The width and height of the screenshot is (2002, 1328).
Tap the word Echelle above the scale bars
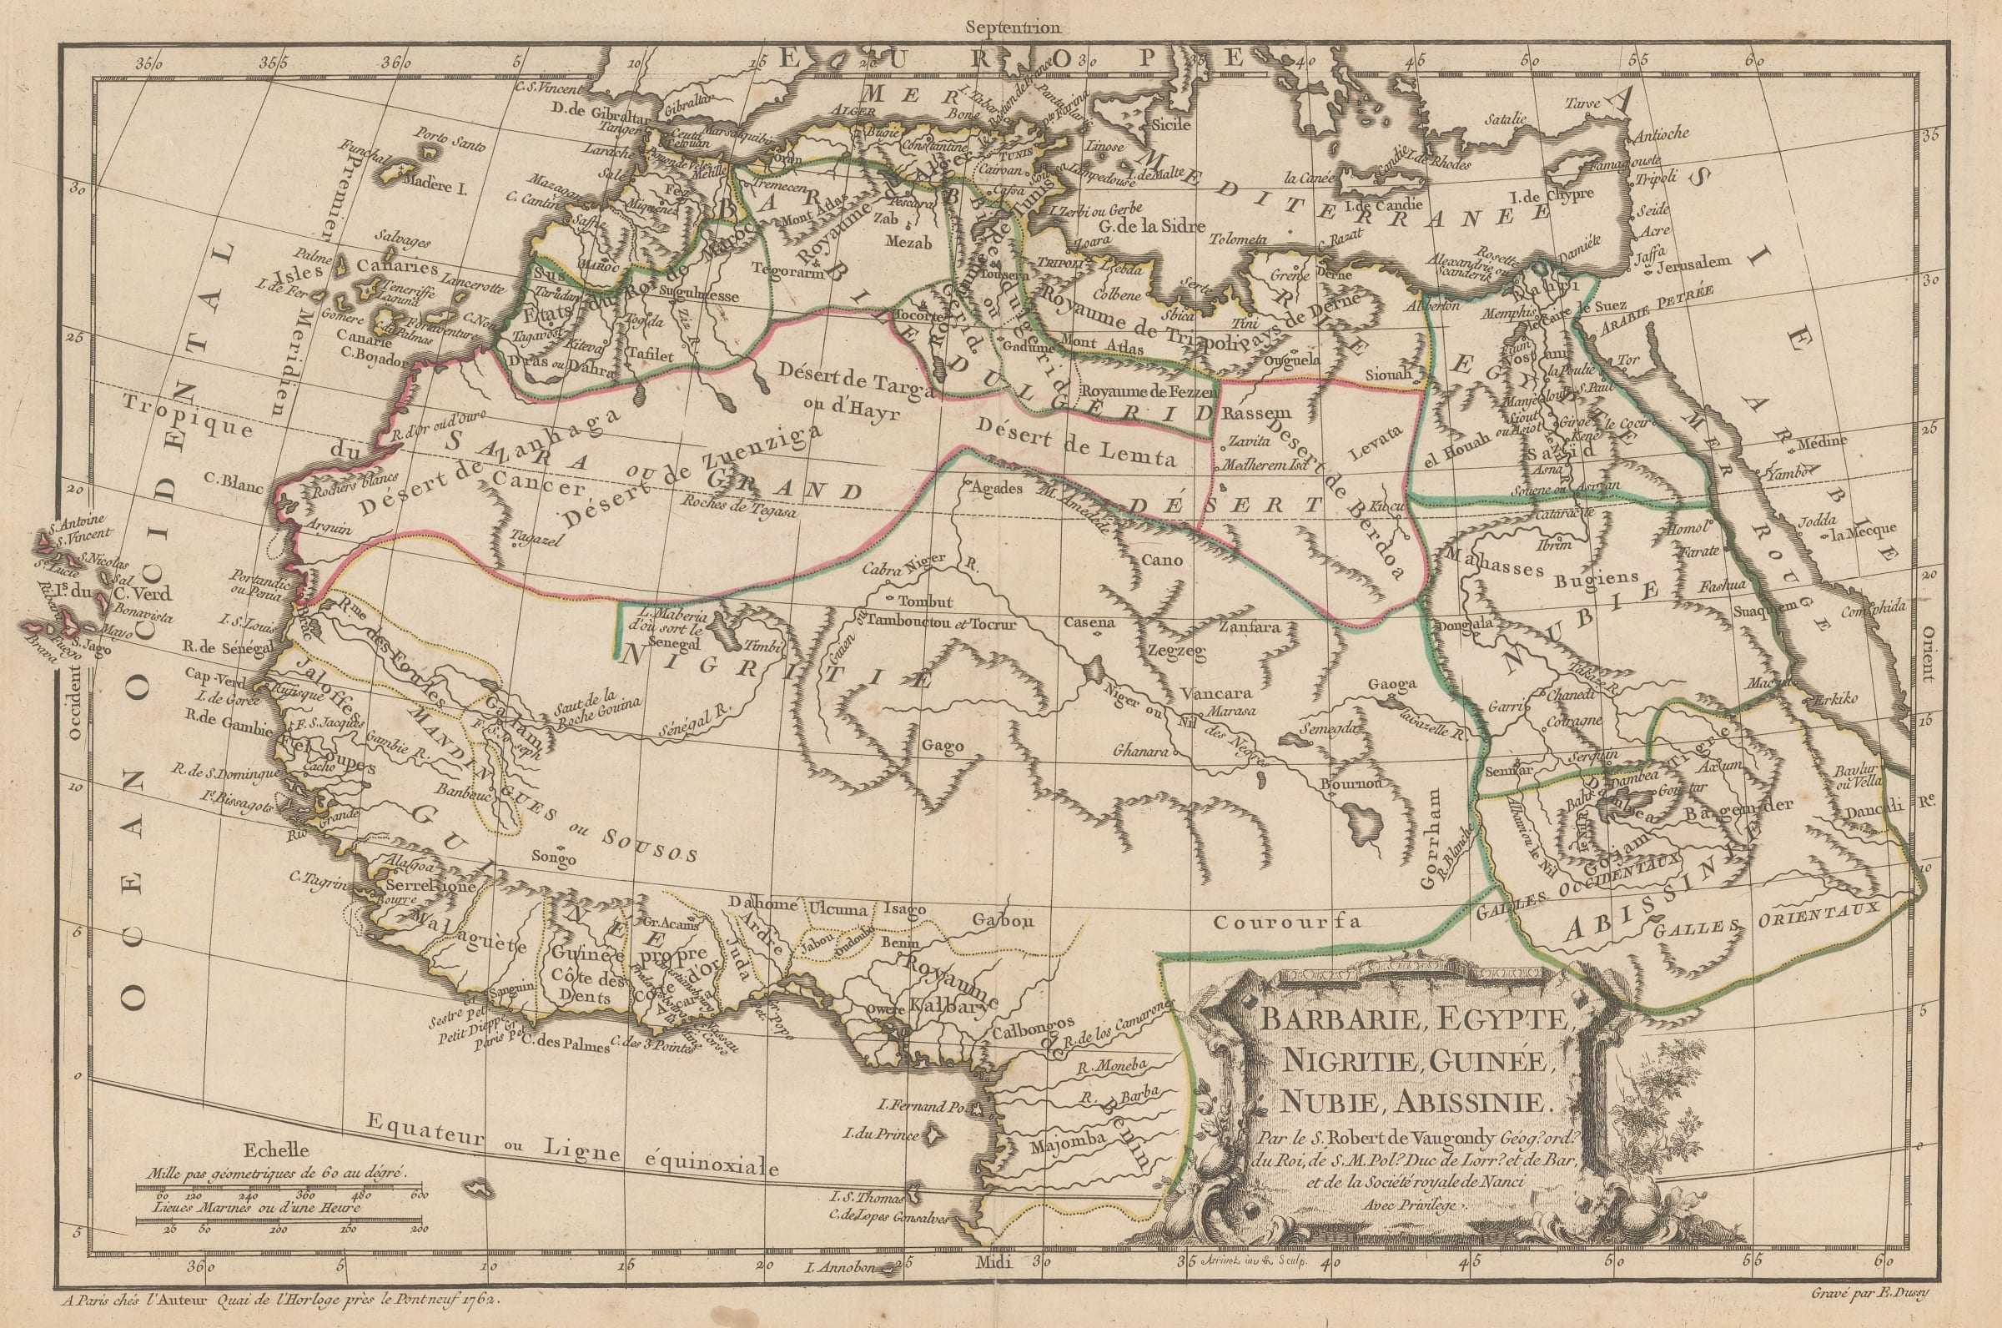[x=275, y=1151]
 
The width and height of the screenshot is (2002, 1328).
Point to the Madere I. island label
[x=435, y=184]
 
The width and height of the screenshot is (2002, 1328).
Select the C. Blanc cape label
[x=233, y=489]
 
